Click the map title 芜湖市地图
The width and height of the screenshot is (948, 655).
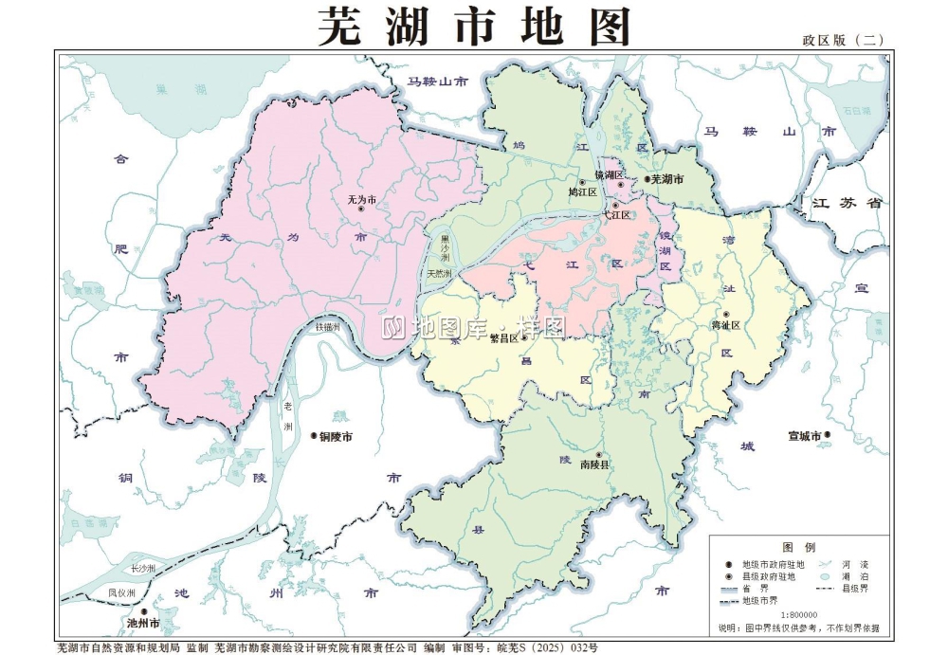pyautogui.click(x=473, y=26)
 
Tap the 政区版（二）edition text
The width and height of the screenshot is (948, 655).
pyautogui.click(x=842, y=40)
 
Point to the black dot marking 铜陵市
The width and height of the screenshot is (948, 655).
pyautogui.click(x=312, y=437)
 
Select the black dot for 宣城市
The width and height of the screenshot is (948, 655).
pyautogui.click(x=827, y=436)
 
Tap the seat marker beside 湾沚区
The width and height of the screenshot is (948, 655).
pyautogui.click(x=726, y=315)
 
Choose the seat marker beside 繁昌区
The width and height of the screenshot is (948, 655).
pyautogui.click(x=523, y=337)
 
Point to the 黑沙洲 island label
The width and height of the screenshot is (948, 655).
pyautogui.click(x=444, y=247)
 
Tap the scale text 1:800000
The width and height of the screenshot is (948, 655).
pyautogui.click(x=799, y=614)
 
